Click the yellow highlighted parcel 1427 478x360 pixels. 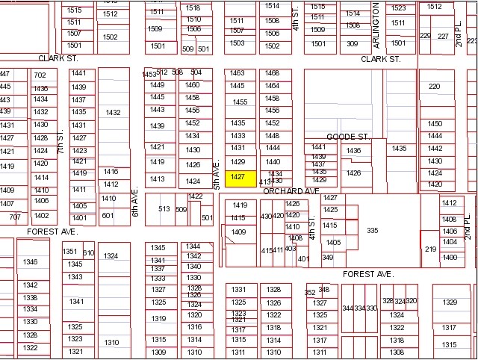click(238, 177)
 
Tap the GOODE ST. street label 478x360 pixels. click(348, 137)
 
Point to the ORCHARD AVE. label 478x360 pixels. click(291, 191)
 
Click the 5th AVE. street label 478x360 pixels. click(217, 173)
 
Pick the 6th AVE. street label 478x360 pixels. click(135, 202)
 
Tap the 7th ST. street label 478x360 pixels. click(60, 140)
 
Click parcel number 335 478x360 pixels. click(372, 231)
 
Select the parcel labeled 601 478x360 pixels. click(108, 216)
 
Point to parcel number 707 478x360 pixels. click(15, 217)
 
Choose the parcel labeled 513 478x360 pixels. click(164, 209)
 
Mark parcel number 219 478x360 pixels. click(430, 249)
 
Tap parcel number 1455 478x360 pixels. click(240, 102)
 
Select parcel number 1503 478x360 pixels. click(237, 43)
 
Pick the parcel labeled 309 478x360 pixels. click(352, 44)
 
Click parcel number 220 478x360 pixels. click(434, 87)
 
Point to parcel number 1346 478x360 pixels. click(31, 261)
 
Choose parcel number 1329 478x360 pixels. click(449, 302)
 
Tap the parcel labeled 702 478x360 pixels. click(40, 75)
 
